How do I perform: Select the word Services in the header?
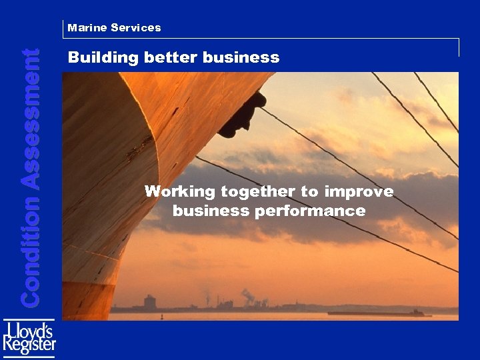(x=136, y=28)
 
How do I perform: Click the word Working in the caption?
(x=180, y=192)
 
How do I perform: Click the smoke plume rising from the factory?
(x=248, y=294)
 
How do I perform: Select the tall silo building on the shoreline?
(x=149, y=301)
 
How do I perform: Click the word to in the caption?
(x=309, y=192)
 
